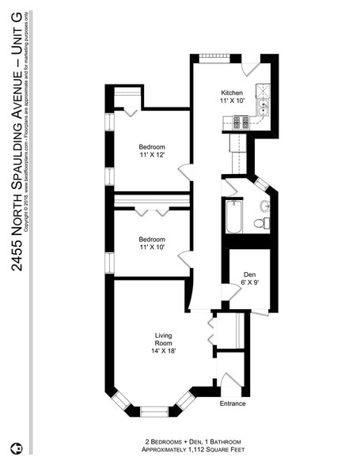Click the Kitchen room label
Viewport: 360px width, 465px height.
coord(231,93)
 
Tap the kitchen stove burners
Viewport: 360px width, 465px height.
coord(240,123)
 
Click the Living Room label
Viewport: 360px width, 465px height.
coord(163,340)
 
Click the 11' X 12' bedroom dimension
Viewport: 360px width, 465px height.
coord(152,156)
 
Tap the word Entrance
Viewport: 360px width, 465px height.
coord(233,404)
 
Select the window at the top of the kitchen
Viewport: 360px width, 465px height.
coord(213,55)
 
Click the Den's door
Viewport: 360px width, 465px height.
coord(231,293)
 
